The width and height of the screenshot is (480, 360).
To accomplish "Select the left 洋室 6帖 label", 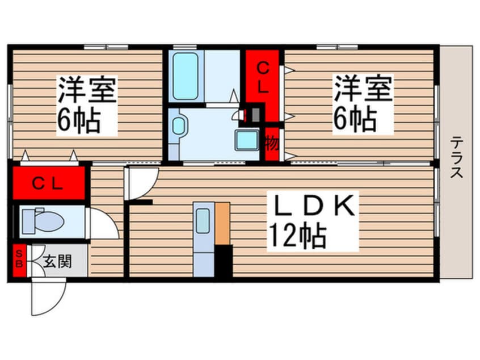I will tap(86, 105).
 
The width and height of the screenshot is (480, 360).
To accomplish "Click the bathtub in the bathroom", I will tap(186, 76).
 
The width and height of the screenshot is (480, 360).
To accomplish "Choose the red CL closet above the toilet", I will tap(47, 183).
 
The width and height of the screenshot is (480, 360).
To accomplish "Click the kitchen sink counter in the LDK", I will tap(203, 238).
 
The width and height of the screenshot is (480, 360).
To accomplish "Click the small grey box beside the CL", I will tap(256, 114).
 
